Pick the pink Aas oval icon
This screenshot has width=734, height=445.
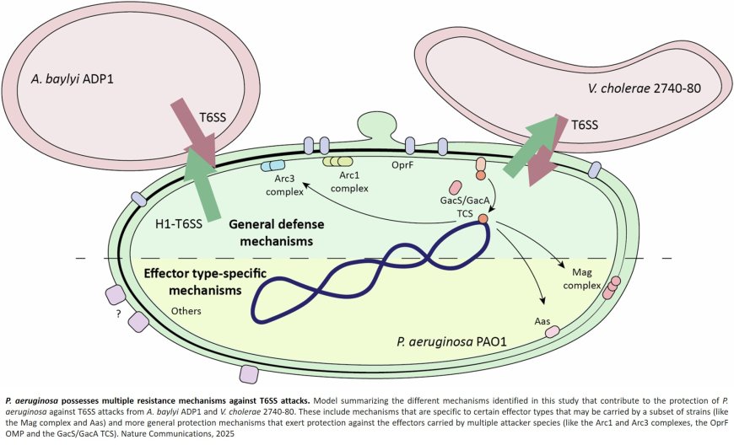coord(553,332)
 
